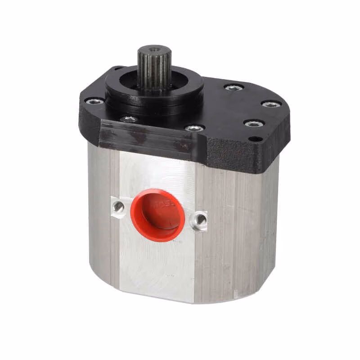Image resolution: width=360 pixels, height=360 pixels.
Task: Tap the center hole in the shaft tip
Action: pos(154,48)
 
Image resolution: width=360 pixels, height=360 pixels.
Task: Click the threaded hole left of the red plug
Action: pos(119,207)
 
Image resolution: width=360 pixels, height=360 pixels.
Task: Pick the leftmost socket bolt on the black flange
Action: pos(95,101)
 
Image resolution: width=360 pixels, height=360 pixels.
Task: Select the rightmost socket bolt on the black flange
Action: pos(271,104)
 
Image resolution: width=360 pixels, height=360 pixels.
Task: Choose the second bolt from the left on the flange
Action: pos(129,119)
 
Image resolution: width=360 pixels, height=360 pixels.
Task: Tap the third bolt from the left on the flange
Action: pos(194,128)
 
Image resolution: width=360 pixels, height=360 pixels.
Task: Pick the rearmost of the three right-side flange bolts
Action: pos(234,87)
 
